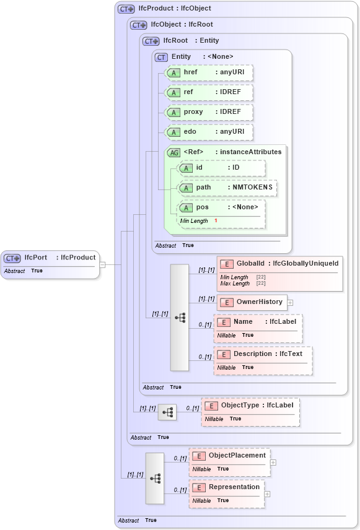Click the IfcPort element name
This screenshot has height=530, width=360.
[35, 258]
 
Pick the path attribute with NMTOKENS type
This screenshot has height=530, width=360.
[227, 188]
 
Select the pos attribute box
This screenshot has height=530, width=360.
[221, 207]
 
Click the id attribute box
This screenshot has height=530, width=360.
[221, 168]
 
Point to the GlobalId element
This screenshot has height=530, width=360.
[279, 264]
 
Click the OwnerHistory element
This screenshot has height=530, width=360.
[252, 302]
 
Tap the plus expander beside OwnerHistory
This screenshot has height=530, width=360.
[290, 303]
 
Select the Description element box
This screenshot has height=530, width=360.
[263, 354]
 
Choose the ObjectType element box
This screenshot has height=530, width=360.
[250, 406]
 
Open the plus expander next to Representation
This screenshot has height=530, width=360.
[268, 494]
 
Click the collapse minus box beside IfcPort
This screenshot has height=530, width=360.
[103, 264]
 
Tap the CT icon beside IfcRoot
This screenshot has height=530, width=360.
[151, 41]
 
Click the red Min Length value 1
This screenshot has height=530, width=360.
[216, 221]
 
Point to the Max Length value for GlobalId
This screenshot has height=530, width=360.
[261, 284]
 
